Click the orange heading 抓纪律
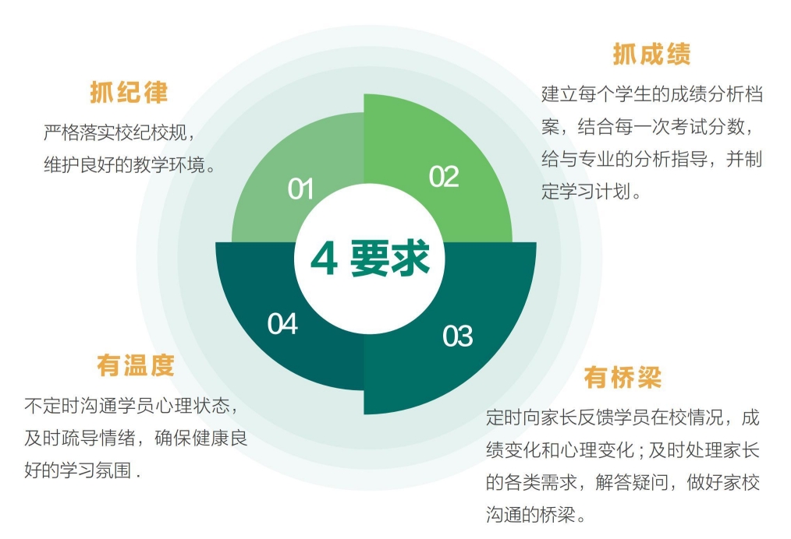pos(129,92)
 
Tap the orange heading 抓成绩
pos(652,54)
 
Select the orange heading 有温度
pos(136,365)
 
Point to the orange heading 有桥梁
pos(623,377)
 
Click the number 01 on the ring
pos(300,189)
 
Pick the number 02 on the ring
pos(444,177)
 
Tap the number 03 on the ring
pos(458,336)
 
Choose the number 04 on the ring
pos(282,324)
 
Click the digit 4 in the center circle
pos(324,259)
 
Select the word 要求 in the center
pos(390,259)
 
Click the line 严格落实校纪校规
pos(119,132)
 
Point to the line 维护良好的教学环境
pos(129,164)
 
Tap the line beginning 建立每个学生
pos(652,94)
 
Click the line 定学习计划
pos(591,192)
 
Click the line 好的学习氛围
pos(82,470)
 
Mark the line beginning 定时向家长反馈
pos(623,417)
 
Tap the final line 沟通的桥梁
pos(535,514)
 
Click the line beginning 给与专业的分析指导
pos(652,159)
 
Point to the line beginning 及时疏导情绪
pos(136,439)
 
